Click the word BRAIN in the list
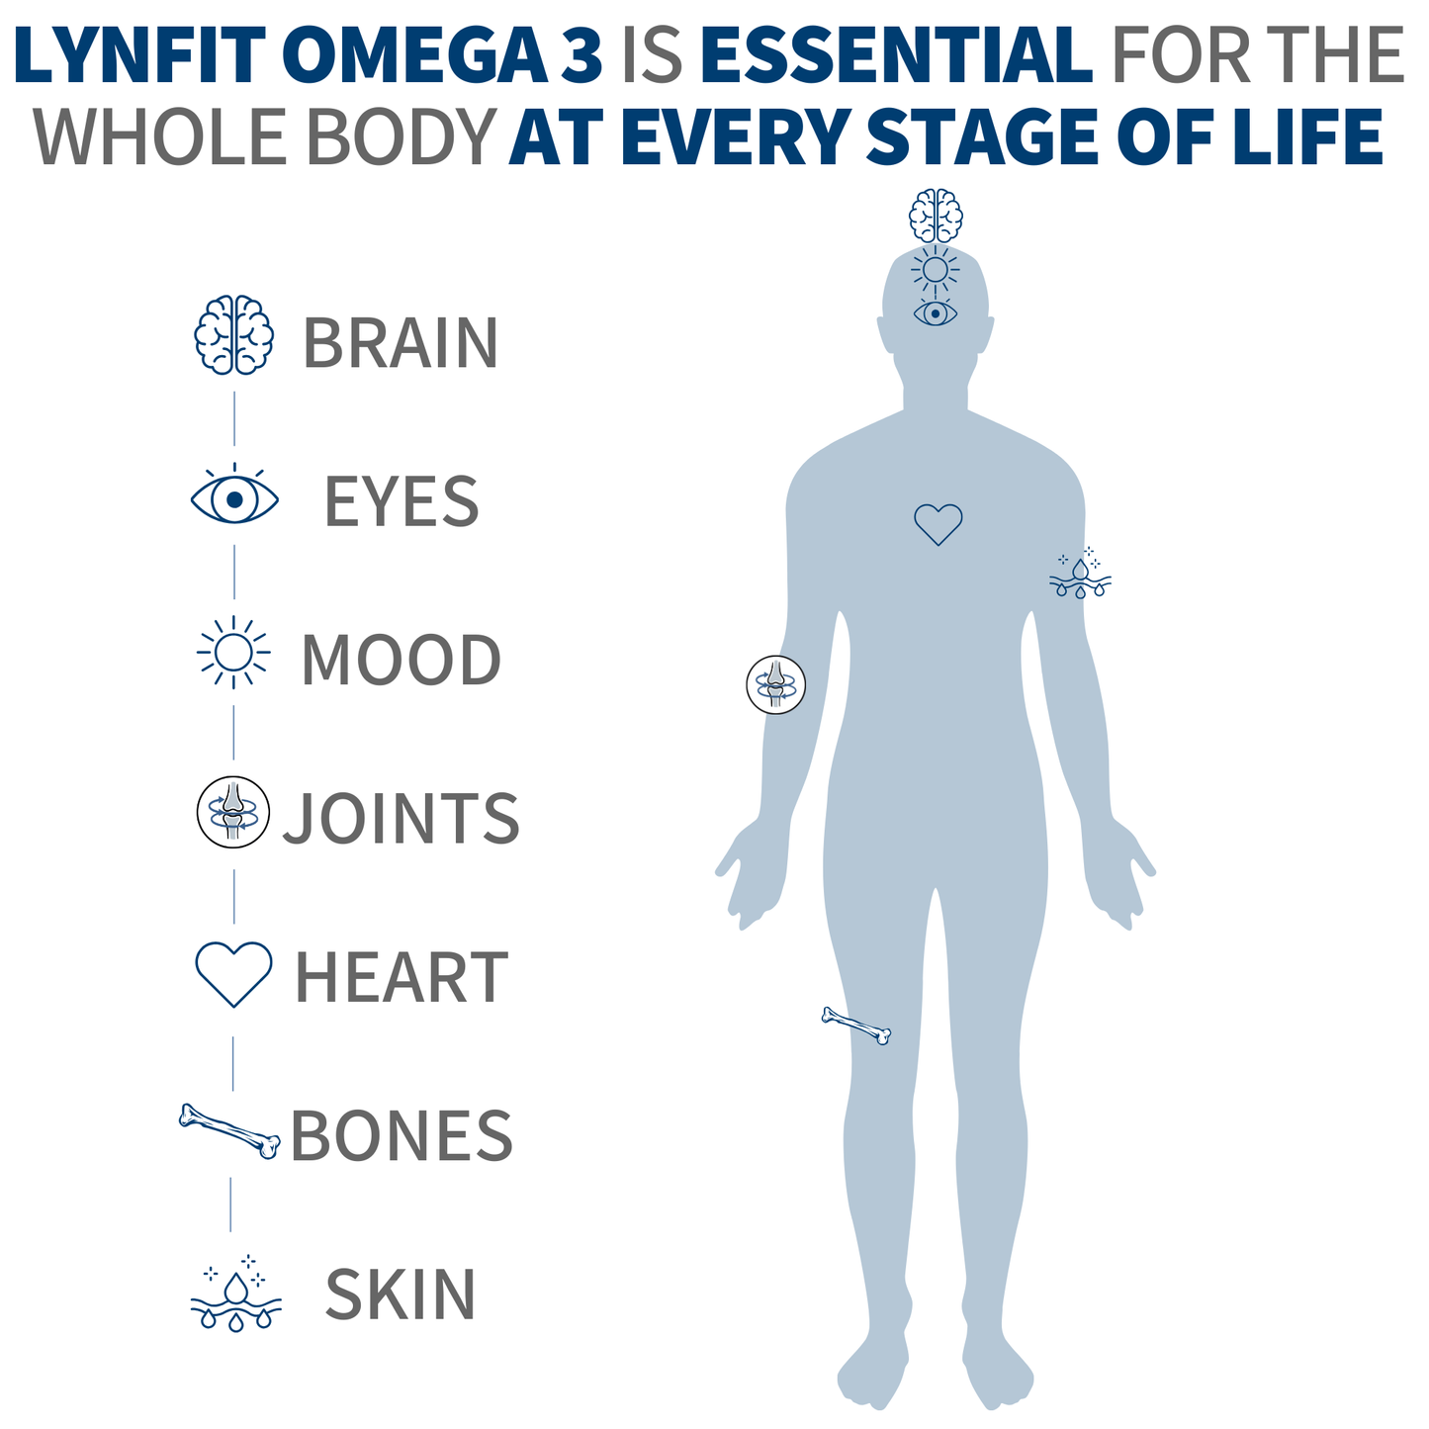pyautogui.click(x=401, y=342)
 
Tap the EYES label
pyautogui.click(x=402, y=501)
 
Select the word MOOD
pyautogui.click(x=402, y=660)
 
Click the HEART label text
pyautogui.click(x=402, y=977)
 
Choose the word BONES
pyautogui.click(x=402, y=1135)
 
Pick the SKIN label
pyautogui.click(x=401, y=1294)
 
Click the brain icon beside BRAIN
pyautogui.click(x=234, y=334)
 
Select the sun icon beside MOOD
pyautogui.click(x=233, y=652)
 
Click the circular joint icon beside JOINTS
pyautogui.click(x=232, y=812)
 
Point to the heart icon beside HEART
pyautogui.click(x=233, y=974)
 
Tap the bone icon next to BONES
pyautogui.click(x=229, y=1131)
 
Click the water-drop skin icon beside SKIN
pyautogui.click(x=235, y=1294)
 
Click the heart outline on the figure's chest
pyautogui.click(x=938, y=524)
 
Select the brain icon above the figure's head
pyautogui.click(x=936, y=216)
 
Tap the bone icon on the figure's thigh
pyautogui.click(x=856, y=1026)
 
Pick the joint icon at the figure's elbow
pyautogui.click(x=775, y=684)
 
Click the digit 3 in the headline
pyautogui.click(x=581, y=54)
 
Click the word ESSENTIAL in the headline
pyautogui.click(x=897, y=54)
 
